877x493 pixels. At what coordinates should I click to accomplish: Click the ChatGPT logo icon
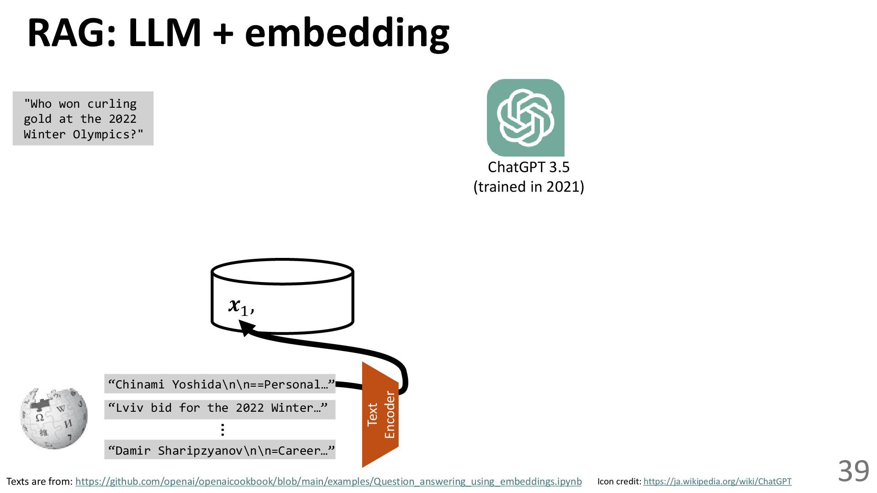[525, 117]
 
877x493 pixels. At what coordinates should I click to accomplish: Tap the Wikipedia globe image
[54, 418]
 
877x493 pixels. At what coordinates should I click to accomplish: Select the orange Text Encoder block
[380, 414]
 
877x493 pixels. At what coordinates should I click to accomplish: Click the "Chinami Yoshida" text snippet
[220, 384]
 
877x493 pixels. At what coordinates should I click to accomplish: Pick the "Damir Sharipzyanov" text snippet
[220, 451]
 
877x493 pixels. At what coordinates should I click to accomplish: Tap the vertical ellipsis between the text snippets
[222, 430]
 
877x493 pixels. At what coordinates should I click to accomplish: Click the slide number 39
[853, 471]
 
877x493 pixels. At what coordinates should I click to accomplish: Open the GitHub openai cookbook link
[328, 482]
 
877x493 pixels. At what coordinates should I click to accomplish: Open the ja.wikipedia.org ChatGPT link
[717, 482]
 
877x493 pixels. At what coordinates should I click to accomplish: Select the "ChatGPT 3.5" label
[528, 167]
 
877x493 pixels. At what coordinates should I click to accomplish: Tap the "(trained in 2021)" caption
[528, 187]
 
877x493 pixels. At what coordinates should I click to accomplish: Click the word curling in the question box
[112, 104]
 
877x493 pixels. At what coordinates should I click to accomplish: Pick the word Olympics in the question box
[108, 135]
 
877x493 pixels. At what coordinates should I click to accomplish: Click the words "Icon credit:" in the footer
[619, 482]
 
